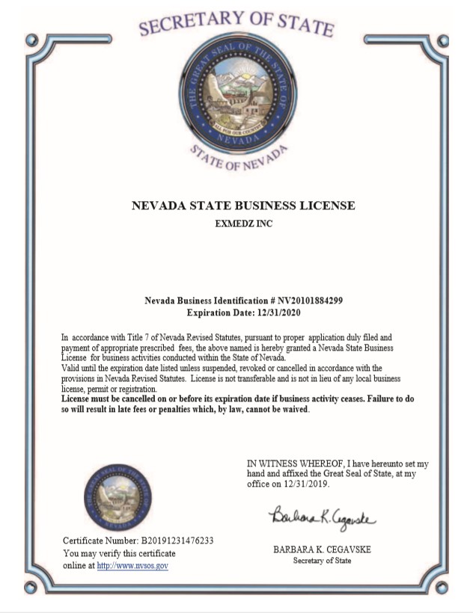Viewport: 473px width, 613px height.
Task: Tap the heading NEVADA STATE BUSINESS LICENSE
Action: (243, 206)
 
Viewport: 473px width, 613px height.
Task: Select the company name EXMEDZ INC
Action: (243, 224)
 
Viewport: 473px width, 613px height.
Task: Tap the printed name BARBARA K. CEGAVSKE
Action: (322, 549)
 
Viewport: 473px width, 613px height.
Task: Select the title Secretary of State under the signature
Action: (322, 561)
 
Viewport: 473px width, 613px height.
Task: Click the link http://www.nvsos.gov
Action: (132, 566)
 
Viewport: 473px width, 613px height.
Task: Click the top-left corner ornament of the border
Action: (30, 40)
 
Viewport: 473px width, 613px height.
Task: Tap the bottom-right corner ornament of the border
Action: (442, 587)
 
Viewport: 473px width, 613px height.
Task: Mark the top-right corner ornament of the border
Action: (442, 40)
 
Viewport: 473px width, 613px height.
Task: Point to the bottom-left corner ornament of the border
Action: (30, 587)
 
